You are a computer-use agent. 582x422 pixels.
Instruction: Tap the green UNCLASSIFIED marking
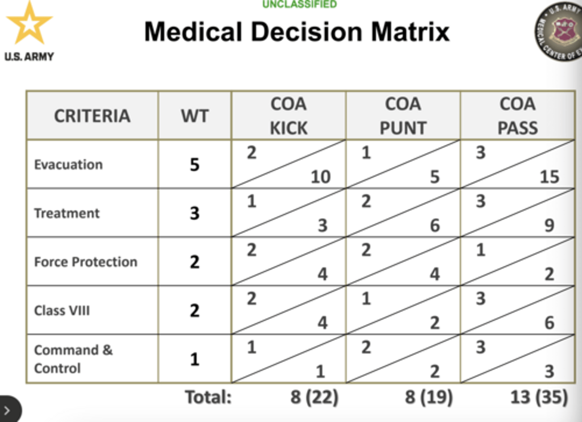coord(299,4)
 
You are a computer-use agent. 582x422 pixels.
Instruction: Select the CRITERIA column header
coord(92,116)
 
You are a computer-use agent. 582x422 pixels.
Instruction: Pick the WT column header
coord(195,116)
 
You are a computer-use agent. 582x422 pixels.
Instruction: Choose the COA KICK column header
coord(289,116)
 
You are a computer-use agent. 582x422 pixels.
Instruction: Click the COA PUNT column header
coord(403,116)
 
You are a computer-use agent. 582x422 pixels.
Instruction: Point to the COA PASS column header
coord(518,116)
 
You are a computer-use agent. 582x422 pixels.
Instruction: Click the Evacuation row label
coord(69,164)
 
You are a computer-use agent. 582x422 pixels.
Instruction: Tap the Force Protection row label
coord(86,262)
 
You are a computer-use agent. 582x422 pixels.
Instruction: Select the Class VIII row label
coord(62,311)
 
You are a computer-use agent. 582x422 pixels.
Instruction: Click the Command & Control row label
coord(73,359)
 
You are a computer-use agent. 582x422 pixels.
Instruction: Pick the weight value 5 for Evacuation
coord(195,164)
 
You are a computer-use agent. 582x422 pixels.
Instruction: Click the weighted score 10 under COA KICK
coord(321,177)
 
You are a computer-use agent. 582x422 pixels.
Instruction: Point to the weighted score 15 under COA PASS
coord(550,177)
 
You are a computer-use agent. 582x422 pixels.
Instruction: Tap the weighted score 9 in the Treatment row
coord(549,225)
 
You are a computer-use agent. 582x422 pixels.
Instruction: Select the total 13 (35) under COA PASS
coord(539,397)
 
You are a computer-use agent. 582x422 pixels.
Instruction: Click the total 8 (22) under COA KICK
coord(314,397)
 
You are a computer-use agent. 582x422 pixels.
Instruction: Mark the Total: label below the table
coord(208,397)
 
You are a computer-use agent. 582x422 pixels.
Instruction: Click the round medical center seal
coord(559,31)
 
